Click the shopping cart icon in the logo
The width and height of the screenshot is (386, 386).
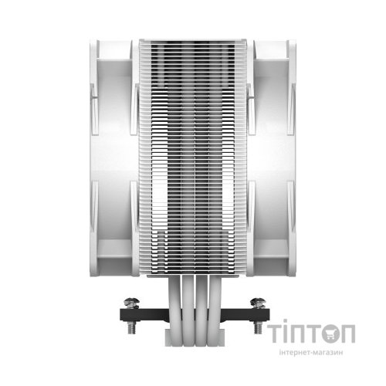[x=327, y=334]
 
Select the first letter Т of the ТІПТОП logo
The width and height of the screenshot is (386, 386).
[x=275, y=334]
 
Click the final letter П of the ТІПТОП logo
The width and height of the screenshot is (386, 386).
[x=347, y=334]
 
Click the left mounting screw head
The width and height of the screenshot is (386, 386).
[x=131, y=302]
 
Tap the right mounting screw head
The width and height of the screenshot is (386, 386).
[x=258, y=302]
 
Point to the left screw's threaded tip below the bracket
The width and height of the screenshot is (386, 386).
[x=131, y=327]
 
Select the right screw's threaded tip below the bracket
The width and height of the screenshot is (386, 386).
[x=258, y=327]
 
